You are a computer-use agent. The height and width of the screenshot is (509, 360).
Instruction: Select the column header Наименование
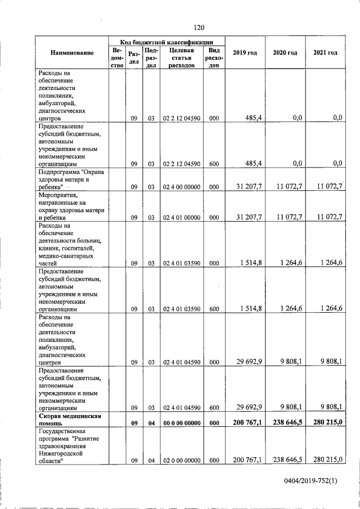click(71, 53)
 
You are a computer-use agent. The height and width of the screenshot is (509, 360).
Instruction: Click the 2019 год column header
click(245, 53)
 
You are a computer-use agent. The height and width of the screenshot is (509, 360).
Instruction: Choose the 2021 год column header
click(325, 53)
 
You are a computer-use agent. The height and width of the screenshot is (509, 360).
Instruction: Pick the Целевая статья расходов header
click(181, 57)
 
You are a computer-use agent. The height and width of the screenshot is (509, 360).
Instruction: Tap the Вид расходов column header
click(214, 57)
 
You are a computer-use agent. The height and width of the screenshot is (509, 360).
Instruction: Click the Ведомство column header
click(117, 57)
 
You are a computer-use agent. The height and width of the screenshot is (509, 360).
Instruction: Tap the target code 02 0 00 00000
click(181, 461)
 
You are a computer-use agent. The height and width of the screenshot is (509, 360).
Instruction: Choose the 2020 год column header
click(285, 53)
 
